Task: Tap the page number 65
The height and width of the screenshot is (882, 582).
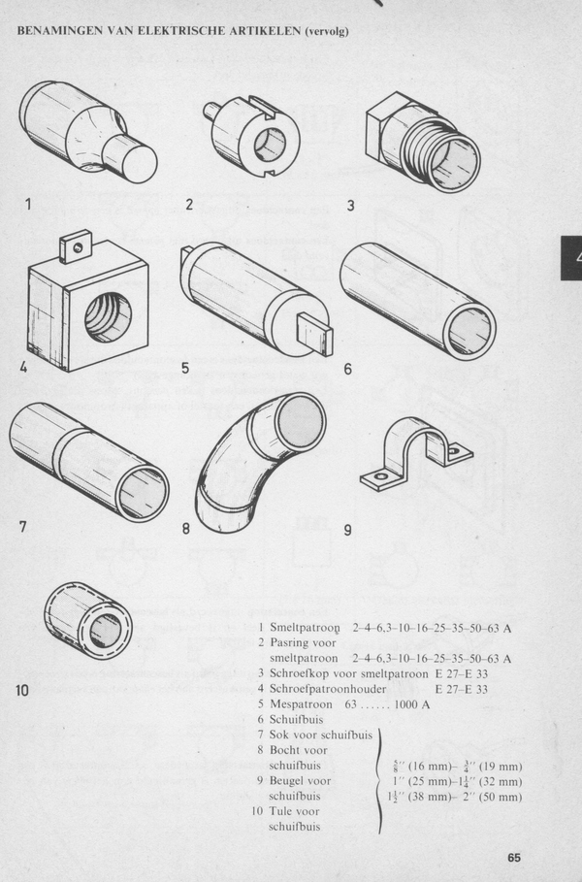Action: [513, 857]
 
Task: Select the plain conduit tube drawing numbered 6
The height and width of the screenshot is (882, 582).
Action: [417, 297]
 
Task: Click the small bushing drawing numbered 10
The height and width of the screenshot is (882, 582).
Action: [87, 618]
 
